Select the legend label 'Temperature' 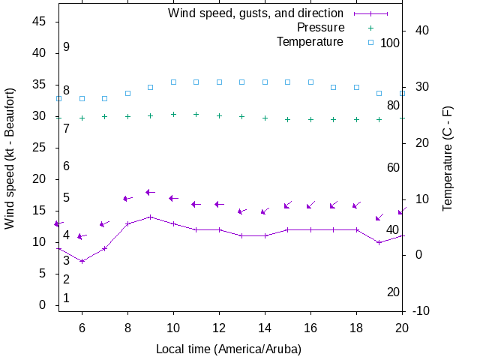tap(310, 41)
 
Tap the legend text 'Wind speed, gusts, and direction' tap(256, 13)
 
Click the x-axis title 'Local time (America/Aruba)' tap(228, 349)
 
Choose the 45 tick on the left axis tap(40, 22)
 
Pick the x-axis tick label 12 tap(219, 328)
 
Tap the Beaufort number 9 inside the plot tap(66, 46)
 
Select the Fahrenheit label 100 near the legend tap(390, 43)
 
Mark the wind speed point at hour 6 tap(82, 261)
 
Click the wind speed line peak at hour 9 tap(151, 217)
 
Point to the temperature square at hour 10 tap(173, 82)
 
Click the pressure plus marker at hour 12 tap(219, 115)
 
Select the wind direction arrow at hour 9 tap(150, 193)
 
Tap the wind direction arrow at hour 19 tap(379, 217)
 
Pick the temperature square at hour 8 tap(127, 93)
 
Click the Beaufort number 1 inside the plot tap(66, 298)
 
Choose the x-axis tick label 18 tap(356, 328)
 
